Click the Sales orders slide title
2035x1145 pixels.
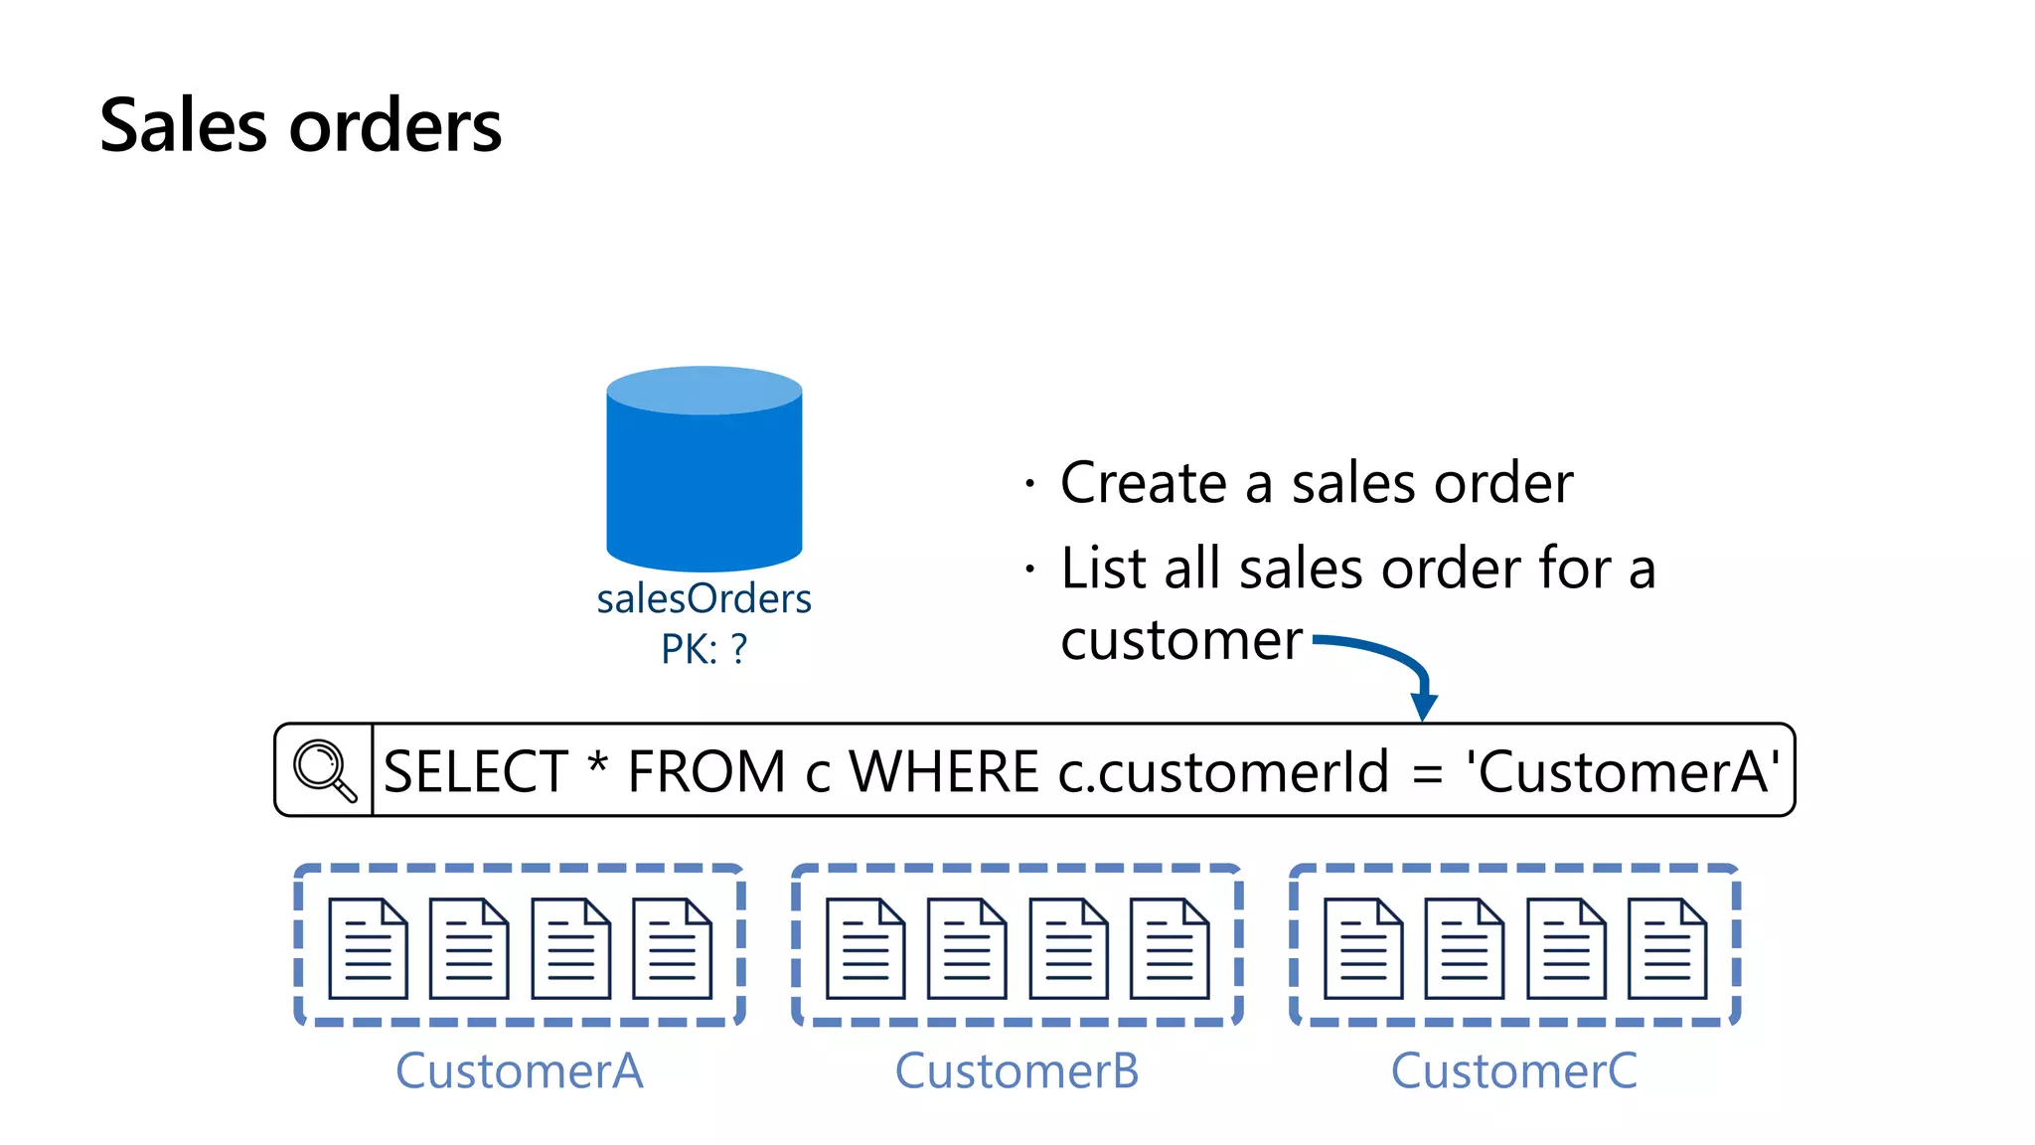point(301,126)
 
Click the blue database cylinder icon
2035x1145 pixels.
point(704,469)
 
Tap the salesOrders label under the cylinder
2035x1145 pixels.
point(704,599)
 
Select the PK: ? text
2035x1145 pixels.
point(704,650)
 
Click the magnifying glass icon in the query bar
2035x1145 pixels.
point(324,770)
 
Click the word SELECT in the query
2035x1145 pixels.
point(475,772)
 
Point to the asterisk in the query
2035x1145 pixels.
point(597,766)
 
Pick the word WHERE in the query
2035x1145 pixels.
point(943,772)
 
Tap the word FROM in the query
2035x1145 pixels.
point(706,772)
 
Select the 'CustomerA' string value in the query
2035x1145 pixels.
point(1623,772)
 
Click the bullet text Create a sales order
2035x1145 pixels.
point(1316,484)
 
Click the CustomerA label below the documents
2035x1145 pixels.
point(519,1071)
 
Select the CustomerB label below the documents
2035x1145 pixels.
point(1017,1071)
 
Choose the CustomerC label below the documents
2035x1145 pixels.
point(1513,1071)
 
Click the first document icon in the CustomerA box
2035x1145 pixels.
point(368,948)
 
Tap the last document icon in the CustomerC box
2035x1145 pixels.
point(1667,948)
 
